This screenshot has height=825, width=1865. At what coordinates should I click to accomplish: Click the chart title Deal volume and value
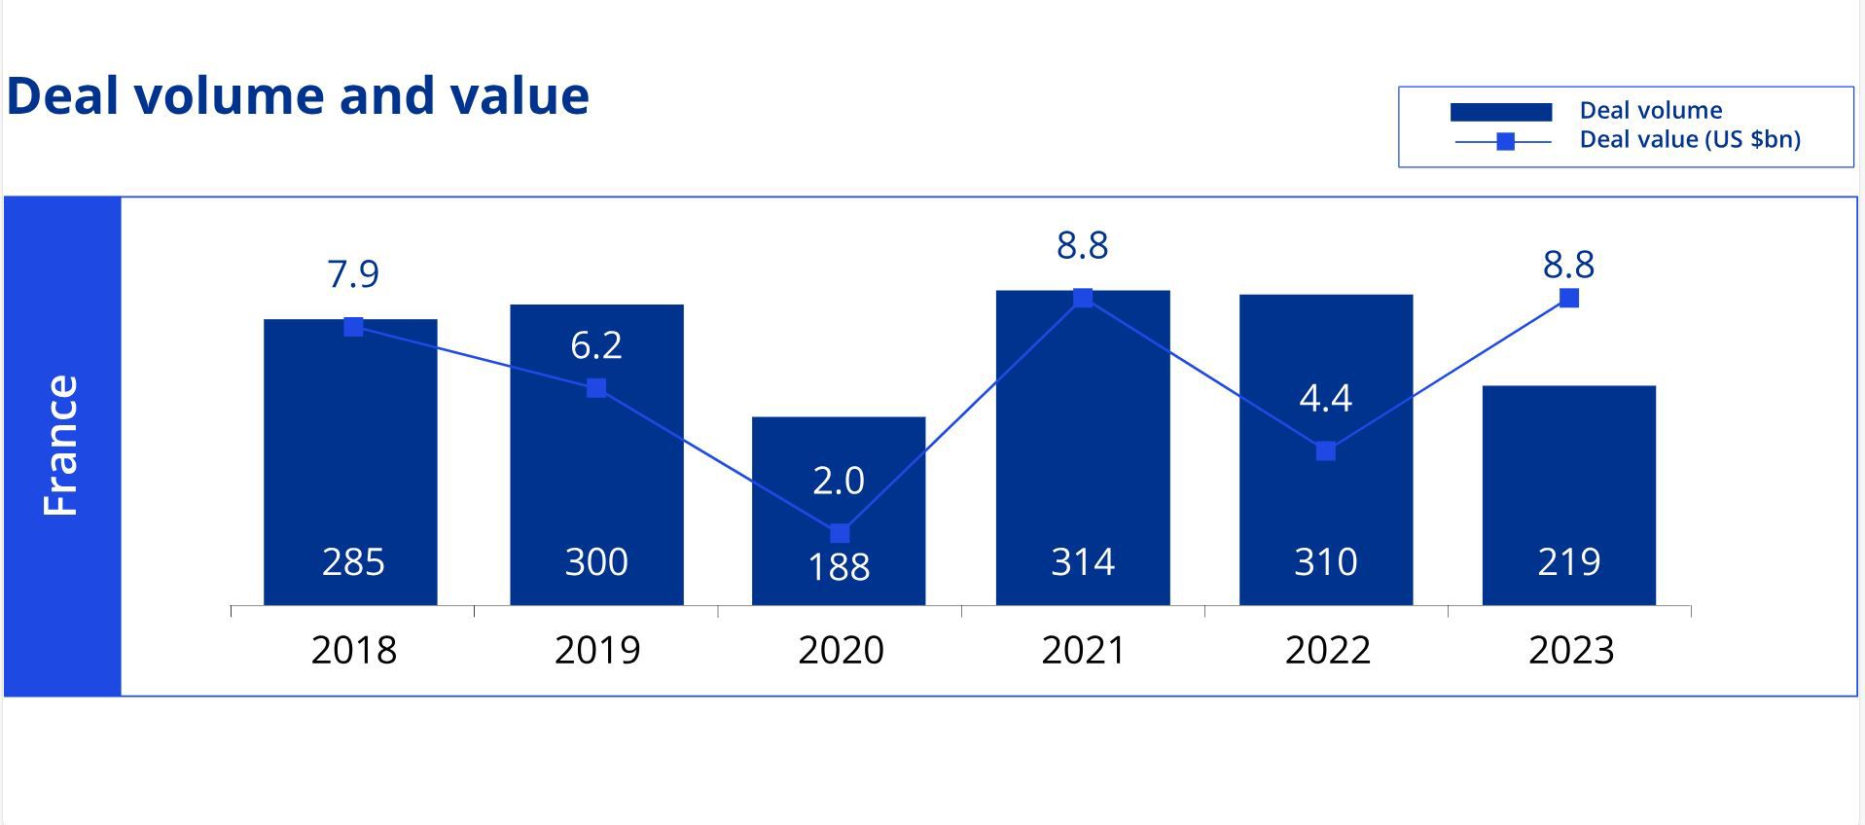(298, 96)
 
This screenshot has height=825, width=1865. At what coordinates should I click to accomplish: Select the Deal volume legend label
(1650, 110)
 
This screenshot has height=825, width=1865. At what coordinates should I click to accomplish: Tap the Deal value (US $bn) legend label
(1689, 139)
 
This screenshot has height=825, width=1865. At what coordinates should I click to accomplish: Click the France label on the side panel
(60, 446)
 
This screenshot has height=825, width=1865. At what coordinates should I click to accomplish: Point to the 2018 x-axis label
(353, 650)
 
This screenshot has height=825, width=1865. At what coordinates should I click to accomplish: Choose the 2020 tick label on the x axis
(841, 650)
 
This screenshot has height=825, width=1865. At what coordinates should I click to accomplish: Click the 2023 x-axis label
(1570, 650)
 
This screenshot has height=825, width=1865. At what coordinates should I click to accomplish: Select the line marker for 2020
(840, 533)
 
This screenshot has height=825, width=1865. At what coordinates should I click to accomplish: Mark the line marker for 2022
(1325, 450)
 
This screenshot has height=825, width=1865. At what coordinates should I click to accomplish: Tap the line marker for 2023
(1568, 298)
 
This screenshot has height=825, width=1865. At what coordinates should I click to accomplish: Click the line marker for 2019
(596, 388)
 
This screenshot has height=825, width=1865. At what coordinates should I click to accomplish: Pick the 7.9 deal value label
(353, 274)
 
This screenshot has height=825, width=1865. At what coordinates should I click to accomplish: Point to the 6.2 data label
(596, 345)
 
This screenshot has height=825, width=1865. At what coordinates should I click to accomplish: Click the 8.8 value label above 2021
(1082, 245)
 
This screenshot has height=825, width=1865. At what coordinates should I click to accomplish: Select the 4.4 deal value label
(1325, 398)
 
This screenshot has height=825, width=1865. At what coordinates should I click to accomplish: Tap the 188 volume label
(839, 567)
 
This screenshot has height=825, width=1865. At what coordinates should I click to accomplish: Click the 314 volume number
(1082, 562)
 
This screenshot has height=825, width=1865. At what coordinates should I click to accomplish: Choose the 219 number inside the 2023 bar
(1568, 562)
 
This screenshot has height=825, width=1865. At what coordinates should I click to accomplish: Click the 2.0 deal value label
(839, 481)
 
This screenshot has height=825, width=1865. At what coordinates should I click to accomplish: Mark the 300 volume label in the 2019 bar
(596, 562)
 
